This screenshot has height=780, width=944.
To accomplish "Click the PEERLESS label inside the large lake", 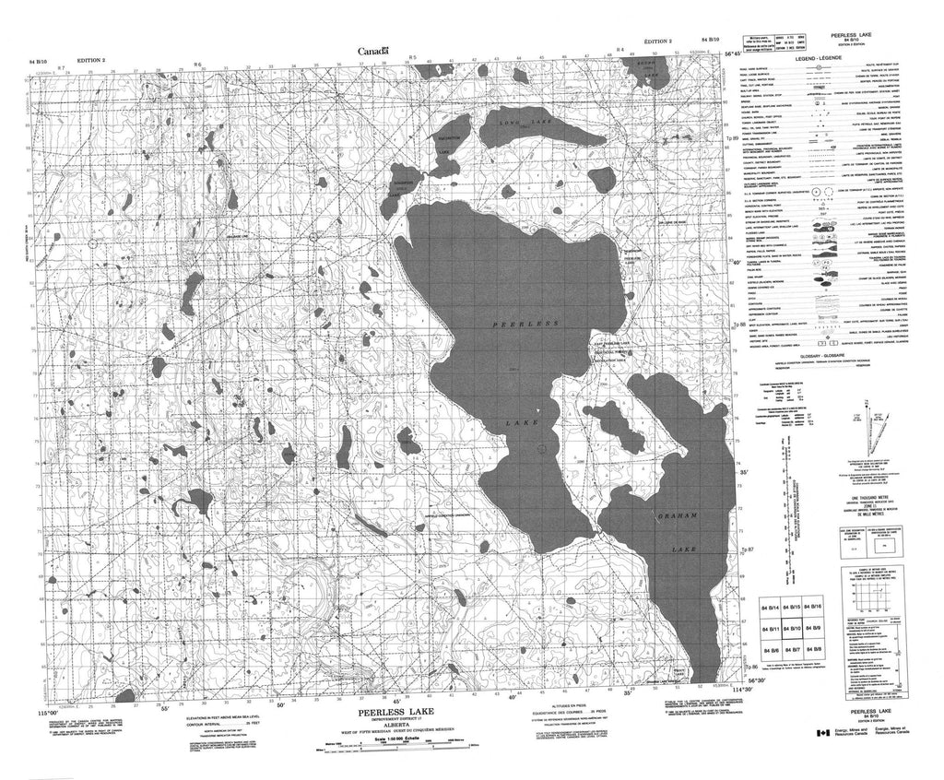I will pyautogui.click(x=525, y=326).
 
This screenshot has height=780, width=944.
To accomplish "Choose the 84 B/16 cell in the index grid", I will pyautogui.click(x=813, y=608).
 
